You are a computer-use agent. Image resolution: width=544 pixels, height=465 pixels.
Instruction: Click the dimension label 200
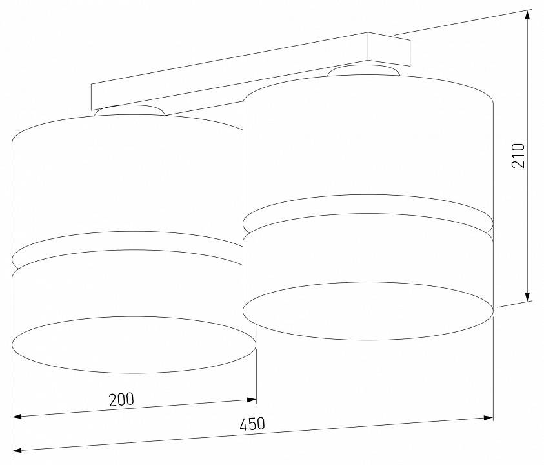pos(121,399)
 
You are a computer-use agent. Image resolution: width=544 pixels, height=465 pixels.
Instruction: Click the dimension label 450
pos(252,425)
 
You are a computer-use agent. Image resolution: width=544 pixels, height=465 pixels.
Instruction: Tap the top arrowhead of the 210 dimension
pos(528,17)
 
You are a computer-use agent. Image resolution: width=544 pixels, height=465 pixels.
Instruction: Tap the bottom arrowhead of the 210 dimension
pos(528,295)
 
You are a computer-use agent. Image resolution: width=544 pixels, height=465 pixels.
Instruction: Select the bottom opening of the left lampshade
pos(134,344)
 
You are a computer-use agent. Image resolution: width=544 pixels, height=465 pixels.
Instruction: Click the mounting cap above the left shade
pos(130,110)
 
